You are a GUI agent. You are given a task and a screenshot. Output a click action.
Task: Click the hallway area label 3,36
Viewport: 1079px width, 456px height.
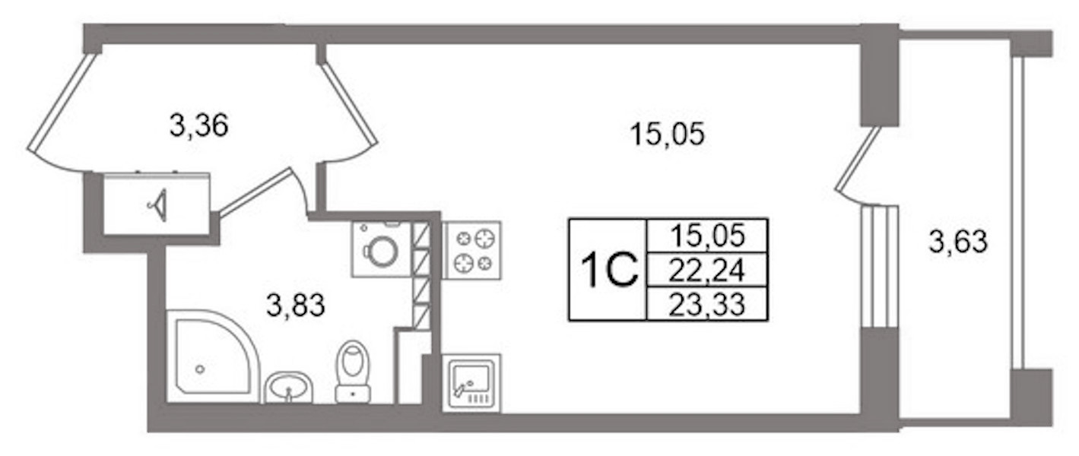[x=199, y=125]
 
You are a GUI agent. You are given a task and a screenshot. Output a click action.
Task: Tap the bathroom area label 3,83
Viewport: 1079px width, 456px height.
[x=296, y=305]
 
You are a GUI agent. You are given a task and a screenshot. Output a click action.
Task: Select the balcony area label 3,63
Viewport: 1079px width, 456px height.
[x=958, y=241]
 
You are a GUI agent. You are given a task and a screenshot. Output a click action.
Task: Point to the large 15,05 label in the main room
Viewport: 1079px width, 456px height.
[x=667, y=134]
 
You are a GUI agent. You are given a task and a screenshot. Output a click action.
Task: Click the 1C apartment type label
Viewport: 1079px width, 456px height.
[x=609, y=270]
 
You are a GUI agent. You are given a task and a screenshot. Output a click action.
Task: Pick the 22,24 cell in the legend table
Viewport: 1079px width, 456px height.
[x=706, y=270]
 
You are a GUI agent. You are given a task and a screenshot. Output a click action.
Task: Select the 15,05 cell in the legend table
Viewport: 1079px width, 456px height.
[x=708, y=236]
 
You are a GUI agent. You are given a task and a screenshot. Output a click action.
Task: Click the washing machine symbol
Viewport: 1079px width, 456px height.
[x=382, y=249]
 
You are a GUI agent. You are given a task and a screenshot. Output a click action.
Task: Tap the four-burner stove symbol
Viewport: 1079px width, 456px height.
[x=472, y=250]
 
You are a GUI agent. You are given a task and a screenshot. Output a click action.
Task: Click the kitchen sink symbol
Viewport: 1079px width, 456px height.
[x=471, y=384]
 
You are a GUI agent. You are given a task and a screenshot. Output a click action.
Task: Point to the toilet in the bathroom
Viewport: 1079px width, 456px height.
[x=353, y=372]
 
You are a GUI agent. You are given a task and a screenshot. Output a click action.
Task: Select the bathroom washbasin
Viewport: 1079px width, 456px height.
[x=288, y=388]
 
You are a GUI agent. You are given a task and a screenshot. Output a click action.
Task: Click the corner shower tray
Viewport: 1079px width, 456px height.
[x=214, y=356]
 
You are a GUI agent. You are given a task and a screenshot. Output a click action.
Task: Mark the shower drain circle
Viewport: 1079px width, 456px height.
[x=200, y=369]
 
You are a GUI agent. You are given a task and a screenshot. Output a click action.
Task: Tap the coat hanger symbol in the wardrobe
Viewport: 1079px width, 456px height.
[x=158, y=205]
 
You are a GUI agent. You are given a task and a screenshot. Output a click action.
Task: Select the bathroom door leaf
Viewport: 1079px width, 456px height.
[x=255, y=192]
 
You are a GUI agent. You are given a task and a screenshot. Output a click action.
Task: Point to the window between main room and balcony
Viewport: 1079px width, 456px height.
[x=879, y=267]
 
